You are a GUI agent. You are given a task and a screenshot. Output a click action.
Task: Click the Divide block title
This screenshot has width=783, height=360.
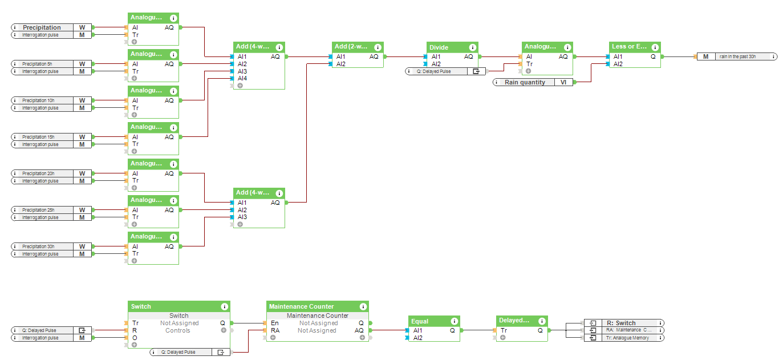(x=439, y=47)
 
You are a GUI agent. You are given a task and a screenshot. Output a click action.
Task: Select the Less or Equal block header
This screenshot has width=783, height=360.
(x=629, y=47)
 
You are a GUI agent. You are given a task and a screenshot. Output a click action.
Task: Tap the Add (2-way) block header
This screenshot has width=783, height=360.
(x=351, y=47)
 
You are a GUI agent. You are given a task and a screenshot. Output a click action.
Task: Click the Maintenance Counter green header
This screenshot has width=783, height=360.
(x=302, y=306)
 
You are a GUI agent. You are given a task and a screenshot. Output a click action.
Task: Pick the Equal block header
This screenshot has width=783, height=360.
(x=420, y=321)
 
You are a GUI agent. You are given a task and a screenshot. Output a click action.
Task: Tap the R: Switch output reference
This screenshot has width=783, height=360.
(x=625, y=323)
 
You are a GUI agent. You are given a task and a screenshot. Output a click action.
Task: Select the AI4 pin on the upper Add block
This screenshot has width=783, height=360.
(x=242, y=78)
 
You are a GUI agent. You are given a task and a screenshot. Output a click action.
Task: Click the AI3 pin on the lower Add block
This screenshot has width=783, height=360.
(x=242, y=217)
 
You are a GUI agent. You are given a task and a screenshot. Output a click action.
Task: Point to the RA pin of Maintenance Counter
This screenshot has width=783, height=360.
(x=275, y=330)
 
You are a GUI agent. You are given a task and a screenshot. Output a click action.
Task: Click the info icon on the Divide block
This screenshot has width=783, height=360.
(x=472, y=47)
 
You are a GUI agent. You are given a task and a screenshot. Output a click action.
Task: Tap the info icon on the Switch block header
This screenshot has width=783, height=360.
(x=224, y=306)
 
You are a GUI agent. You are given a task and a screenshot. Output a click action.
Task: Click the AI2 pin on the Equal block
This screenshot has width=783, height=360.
(x=418, y=338)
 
